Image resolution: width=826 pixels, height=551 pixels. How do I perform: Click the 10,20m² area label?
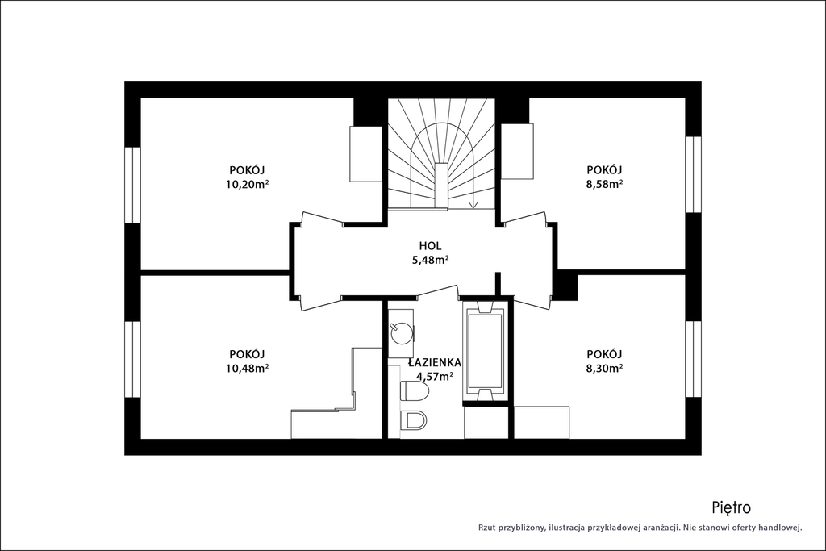pos(248,185)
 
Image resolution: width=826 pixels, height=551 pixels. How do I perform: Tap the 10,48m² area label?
pos(248,368)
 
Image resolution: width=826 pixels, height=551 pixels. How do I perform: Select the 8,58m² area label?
pos(605,185)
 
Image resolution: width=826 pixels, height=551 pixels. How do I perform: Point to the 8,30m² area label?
pos(605,368)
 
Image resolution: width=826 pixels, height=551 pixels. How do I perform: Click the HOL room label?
pos(431,245)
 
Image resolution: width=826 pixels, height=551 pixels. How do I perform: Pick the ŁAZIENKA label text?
pos(435,362)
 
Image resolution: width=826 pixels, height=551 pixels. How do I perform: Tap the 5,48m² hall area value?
pos(431,260)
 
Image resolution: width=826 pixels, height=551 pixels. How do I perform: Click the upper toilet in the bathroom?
pos(415,390)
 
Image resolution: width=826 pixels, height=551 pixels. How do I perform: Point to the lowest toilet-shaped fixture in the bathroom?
pos(414,420)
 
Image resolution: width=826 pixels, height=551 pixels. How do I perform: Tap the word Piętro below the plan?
pos(731,507)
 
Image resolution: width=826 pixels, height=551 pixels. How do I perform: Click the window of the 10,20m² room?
pos(133,185)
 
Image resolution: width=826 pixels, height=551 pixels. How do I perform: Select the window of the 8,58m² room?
pos(693,174)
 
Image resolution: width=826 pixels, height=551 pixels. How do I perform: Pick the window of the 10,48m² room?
pos(133,359)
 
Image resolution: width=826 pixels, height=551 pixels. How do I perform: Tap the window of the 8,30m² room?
pos(693,359)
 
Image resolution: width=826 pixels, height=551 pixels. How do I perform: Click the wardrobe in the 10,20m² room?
pos(366,154)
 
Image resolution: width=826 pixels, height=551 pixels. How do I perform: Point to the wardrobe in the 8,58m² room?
pos(517,151)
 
